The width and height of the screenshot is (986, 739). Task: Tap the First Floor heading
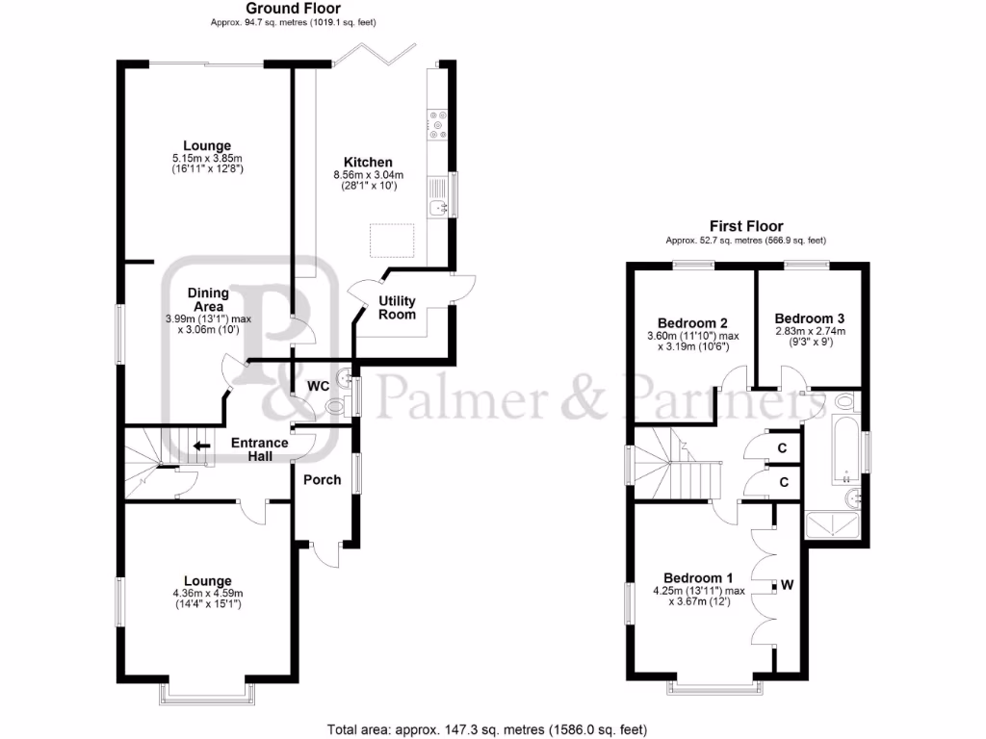745,226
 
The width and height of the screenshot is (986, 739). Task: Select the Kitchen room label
369,162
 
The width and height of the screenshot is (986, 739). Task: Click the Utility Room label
397,308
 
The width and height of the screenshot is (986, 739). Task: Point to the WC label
319,386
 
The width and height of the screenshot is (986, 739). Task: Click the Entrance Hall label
259,449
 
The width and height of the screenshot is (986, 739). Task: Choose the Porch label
323,479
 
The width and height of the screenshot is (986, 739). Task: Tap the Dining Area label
208,299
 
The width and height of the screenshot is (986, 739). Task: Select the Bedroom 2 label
691,322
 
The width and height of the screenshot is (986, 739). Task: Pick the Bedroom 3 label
809,319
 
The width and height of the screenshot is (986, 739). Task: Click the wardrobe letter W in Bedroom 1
788,584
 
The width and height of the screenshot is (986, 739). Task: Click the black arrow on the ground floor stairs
201,446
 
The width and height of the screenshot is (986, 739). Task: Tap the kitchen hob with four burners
437,122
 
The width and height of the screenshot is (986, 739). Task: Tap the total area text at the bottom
492,727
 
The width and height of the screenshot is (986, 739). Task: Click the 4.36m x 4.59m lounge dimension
208,593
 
